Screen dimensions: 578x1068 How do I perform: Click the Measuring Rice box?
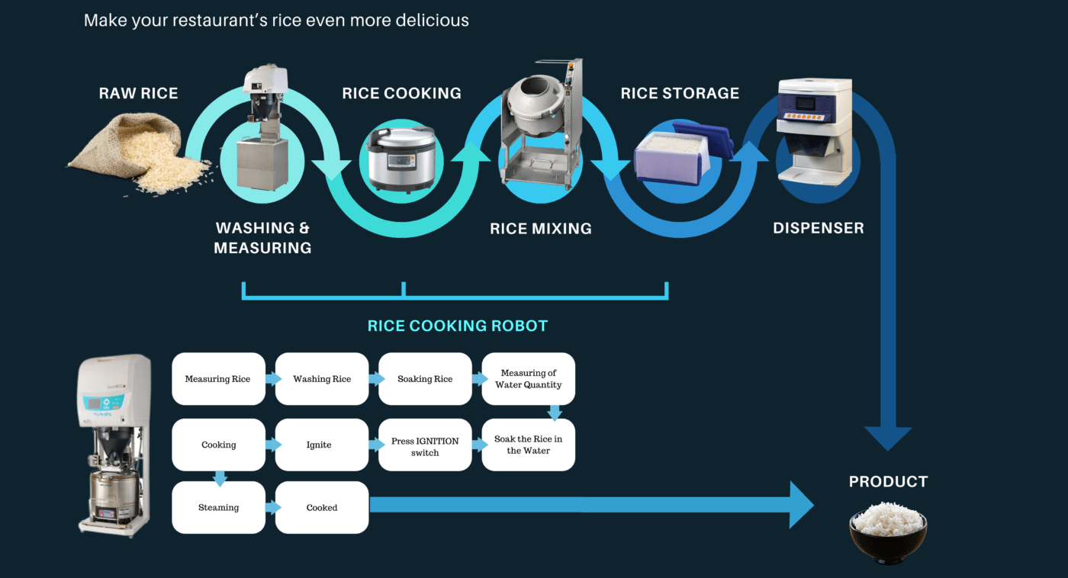pos(218,379)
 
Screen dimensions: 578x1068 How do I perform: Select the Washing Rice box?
pos(322,379)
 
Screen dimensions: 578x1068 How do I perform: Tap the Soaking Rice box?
pos(425,379)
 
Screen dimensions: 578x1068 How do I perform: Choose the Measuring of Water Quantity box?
pos(529,379)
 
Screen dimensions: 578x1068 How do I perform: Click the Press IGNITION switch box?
pos(425,446)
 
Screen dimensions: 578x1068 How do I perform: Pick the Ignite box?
pos(322,445)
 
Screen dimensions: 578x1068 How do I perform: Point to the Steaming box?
pos(218,507)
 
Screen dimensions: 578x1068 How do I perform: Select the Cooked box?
pos(322,507)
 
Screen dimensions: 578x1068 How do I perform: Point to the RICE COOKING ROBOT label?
pos(458,326)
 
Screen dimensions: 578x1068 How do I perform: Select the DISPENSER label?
pos(819,228)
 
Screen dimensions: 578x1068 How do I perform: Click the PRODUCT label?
pos(888,481)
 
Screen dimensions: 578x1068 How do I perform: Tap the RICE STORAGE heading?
pos(680,93)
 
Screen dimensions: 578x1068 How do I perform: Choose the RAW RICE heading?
pos(138,93)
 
